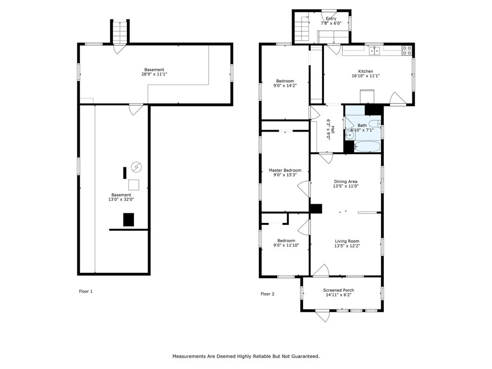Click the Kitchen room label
coord(366,72)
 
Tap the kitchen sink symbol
coord(374,50)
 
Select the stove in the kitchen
coord(407,50)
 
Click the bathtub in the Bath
coord(367,147)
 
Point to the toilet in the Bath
coord(374,123)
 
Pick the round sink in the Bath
coord(350,135)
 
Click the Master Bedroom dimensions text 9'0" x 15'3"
coord(285,175)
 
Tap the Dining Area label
coord(345,181)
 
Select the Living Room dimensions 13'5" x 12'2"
coord(347,246)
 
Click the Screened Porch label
coord(339,290)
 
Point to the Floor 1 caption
coord(86,292)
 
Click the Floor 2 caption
coord(267,294)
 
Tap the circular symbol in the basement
coord(136,167)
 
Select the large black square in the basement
coord(128,220)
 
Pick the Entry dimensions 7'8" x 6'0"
coord(331,23)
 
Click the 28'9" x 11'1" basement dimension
coord(154,74)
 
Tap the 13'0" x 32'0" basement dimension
coord(121,199)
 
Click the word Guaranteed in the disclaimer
coord(304,357)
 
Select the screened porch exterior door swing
coord(323,316)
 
